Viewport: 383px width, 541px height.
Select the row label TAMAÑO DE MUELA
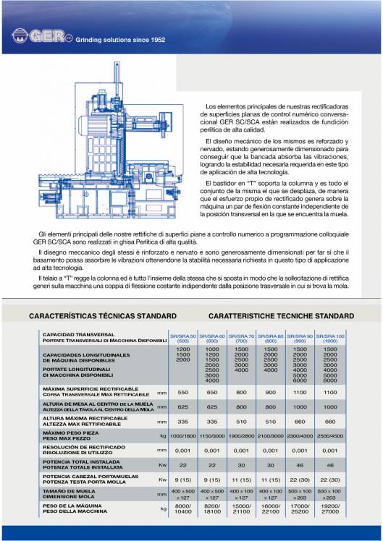pyautogui.click(x=70, y=491)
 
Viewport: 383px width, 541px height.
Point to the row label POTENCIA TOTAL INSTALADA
pyautogui.click(x=80, y=461)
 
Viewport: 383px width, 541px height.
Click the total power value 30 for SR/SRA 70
pyautogui.click(x=242, y=465)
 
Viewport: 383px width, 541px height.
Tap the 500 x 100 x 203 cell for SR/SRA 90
pyautogui.click(x=301, y=495)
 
